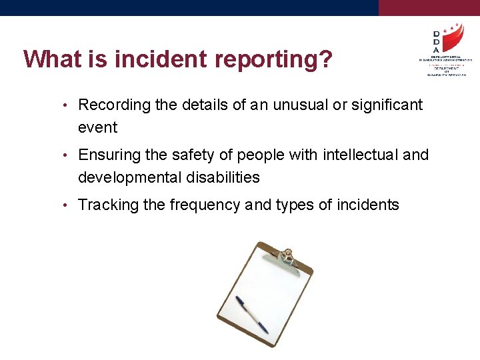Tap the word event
point(97,127)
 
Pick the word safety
point(194,155)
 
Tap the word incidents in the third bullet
point(368,205)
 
